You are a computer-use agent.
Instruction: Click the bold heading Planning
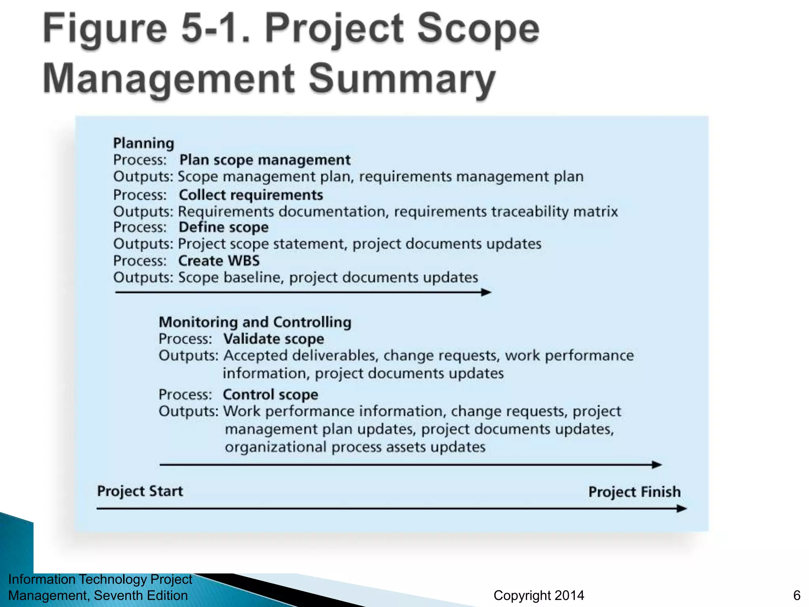click(x=143, y=143)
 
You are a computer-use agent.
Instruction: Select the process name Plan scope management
click(x=265, y=160)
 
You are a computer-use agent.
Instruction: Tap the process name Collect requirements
click(x=251, y=195)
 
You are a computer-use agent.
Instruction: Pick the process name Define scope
click(x=224, y=228)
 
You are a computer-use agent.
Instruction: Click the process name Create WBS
click(x=219, y=261)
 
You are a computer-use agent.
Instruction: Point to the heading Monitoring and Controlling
click(x=255, y=322)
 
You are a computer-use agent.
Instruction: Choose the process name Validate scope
click(x=273, y=339)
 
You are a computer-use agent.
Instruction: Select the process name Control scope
click(x=270, y=395)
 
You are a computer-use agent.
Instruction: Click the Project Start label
click(x=140, y=491)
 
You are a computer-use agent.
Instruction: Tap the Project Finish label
click(x=634, y=492)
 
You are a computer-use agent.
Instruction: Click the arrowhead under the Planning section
click(x=487, y=292)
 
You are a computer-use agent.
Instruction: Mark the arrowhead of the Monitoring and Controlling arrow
click(x=657, y=465)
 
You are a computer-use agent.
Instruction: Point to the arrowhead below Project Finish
click(x=682, y=509)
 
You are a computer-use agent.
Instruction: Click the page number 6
click(x=797, y=596)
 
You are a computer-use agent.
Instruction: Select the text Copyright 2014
click(x=539, y=596)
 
